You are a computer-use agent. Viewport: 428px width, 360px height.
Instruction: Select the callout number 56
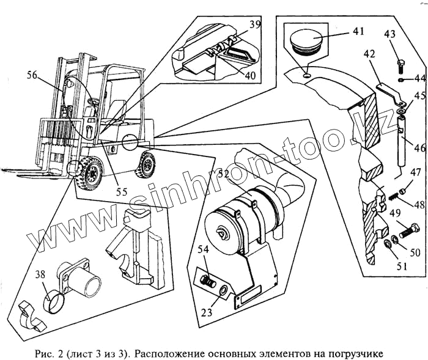[32, 75]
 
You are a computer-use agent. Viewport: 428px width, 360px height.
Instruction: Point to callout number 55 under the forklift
[122, 191]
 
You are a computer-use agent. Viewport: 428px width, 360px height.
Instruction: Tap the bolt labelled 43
[400, 66]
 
